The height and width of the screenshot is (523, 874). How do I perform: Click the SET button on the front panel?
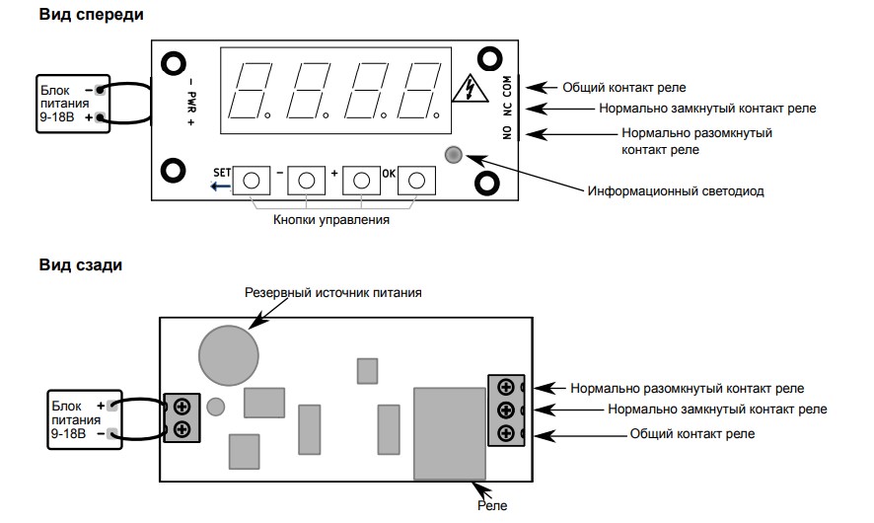coord(252,181)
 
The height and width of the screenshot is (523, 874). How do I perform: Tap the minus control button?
coord(307,181)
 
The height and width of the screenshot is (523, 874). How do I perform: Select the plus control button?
coord(361,181)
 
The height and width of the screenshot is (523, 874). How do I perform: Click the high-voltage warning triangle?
coord(471,89)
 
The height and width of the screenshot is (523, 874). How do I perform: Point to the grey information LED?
coord(454,155)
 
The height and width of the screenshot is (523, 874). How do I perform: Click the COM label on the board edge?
coord(507,86)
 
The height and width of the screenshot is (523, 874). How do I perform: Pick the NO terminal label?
coord(507,132)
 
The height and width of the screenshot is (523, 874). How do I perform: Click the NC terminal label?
coord(507,109)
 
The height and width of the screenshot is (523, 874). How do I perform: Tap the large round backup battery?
coord(229,355)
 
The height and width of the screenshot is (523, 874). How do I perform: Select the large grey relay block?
coord(449,433)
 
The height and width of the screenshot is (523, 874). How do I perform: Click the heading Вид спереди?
coord(92,15)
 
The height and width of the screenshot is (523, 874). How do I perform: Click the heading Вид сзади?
coord(80,264)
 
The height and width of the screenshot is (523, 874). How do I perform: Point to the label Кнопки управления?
coord(331,220)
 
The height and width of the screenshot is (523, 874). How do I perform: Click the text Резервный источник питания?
coord(333,292)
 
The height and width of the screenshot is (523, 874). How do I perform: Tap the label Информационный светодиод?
coord(676,191)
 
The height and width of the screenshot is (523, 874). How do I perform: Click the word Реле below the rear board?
coord(492,505)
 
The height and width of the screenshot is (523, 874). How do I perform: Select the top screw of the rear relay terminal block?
coord(506,387)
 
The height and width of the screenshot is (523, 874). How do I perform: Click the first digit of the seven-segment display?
coord(251,91)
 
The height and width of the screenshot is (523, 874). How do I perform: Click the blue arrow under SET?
coord(220,187)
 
